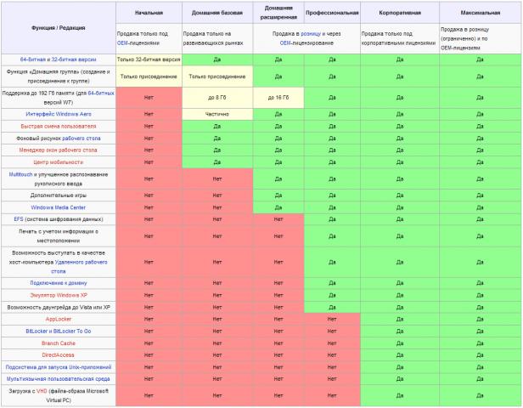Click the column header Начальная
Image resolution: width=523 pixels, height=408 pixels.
click(149, 14)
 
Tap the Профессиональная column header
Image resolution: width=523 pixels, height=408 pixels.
click(331, 14)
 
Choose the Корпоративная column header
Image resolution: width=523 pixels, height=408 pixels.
click(399, 14)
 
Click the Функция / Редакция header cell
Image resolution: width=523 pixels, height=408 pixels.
click(58, 26)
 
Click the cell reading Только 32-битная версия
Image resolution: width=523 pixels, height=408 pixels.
click(149, 59)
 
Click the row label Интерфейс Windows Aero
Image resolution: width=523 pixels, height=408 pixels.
click(58, 113)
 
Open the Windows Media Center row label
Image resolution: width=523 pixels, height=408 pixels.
click(58, 207)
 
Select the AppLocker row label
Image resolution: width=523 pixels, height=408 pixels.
click(58, 319)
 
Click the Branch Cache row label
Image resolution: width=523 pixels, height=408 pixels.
click(58, 343)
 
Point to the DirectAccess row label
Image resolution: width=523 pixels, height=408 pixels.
click(58, 354)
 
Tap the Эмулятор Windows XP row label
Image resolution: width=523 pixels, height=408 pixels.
click(58, 294)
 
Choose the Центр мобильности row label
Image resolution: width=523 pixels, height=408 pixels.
click(58, 161)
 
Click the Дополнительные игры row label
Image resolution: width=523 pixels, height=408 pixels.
click(58, 195)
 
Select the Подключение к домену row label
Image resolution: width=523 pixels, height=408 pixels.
click(58, 282)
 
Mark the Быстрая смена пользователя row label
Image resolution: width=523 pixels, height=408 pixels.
click(58, 126)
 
